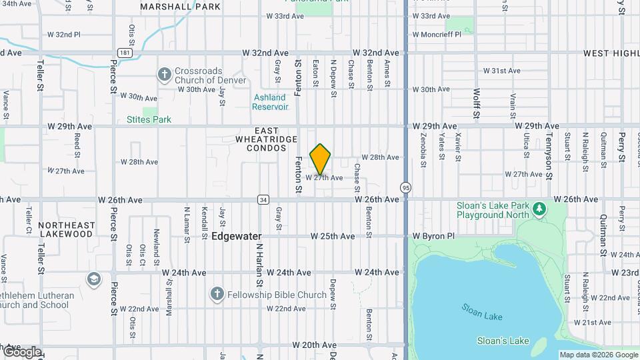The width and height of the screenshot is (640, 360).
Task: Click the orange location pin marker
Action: coord(320,159)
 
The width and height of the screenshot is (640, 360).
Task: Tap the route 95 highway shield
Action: coord(406,187)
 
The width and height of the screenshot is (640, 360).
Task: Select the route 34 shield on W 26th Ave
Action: coord(264,199)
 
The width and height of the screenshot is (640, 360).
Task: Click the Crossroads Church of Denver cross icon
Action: coord(165,74)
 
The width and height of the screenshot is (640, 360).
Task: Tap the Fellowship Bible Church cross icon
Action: coord(217,294)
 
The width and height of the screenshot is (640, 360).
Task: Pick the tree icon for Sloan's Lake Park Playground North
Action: coord(539,210)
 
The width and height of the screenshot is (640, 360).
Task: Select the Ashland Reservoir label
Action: coord(270,102)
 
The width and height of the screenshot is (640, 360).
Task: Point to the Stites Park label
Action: coord(149,120)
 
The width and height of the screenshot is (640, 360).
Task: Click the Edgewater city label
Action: coord(236,236)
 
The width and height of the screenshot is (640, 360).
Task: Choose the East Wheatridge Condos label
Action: coord(257,139)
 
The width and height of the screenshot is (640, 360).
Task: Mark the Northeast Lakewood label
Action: coord(66,230)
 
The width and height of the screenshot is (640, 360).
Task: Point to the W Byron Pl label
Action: coord(433,236)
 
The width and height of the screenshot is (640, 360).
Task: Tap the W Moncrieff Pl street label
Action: coord(437,34)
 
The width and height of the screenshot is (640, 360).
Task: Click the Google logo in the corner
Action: coord(21,351)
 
